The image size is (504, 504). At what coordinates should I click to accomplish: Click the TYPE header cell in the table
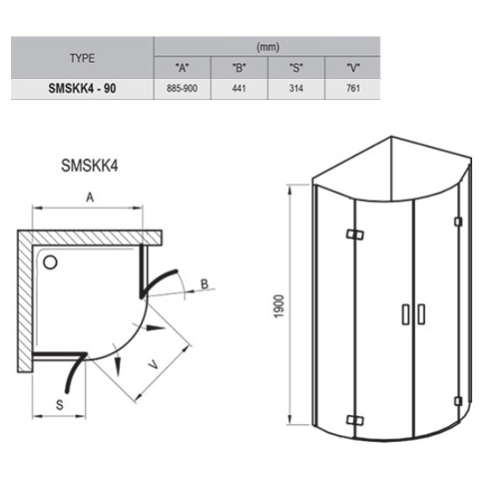click(82, 58)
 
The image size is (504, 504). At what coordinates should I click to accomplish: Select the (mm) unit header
click(268, 48)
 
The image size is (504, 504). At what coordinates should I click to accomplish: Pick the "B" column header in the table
click(239, 68)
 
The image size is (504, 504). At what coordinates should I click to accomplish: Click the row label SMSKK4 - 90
click(82, 88)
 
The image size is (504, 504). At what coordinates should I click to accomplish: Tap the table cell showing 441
click(239, 88)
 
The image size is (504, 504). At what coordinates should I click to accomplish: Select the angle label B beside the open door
click(204, 285)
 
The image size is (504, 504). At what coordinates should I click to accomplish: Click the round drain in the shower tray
click(52, 263)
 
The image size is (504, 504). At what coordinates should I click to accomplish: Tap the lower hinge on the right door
click(458, 400)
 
